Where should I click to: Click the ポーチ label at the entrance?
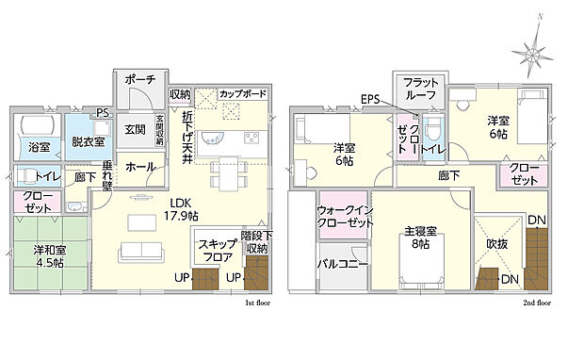[139, 81]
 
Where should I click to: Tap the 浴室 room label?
[39, 147]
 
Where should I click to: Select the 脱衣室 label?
[88, 141]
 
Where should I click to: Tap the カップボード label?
[243, 94]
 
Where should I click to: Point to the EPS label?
[369, 99]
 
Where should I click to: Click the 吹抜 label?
[497, 243]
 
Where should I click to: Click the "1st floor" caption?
[257, 303]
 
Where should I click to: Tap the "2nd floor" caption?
[538, 303]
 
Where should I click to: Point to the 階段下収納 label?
[254, 242]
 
